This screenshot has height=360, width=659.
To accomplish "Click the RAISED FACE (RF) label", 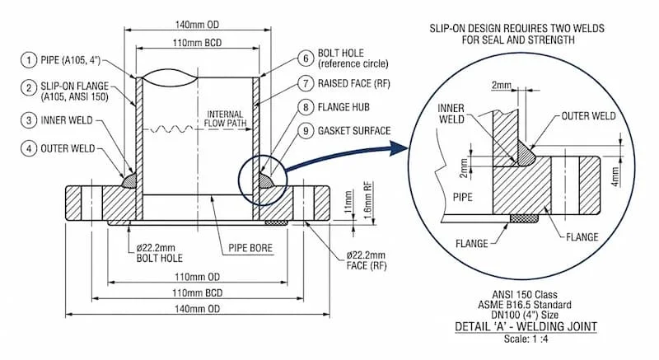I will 355,83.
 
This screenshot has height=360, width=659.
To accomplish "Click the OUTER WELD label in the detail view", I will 584,115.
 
